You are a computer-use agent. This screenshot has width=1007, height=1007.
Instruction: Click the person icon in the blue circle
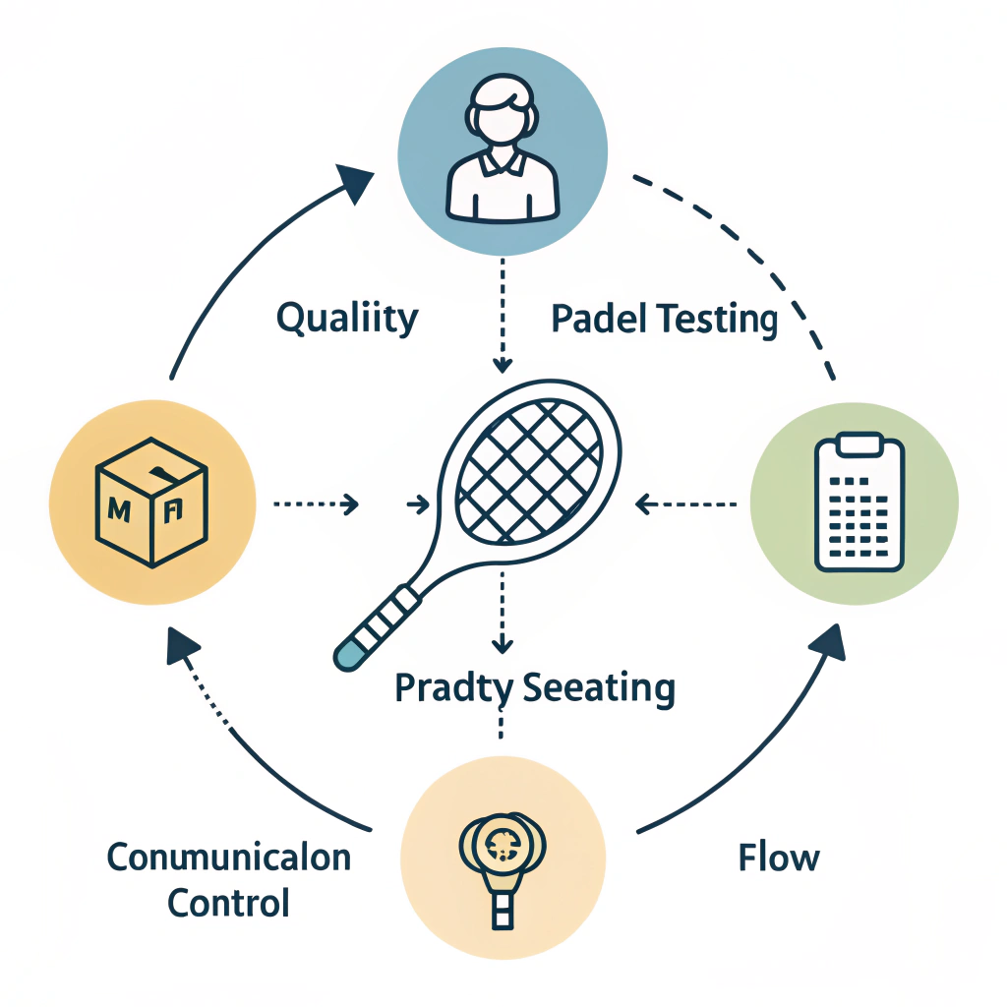503,157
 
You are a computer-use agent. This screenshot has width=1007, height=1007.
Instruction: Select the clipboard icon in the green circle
858,503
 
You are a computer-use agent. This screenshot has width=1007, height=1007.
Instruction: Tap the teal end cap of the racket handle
347,656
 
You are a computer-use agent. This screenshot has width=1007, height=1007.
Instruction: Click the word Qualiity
347,319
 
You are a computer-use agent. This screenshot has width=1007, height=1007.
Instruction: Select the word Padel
595,320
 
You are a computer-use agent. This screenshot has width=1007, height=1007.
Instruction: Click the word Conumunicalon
228,857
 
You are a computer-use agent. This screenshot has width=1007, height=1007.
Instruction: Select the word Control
228,902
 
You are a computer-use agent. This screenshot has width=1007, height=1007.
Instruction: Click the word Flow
779,858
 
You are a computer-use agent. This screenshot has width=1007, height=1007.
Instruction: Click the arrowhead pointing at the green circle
828,640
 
